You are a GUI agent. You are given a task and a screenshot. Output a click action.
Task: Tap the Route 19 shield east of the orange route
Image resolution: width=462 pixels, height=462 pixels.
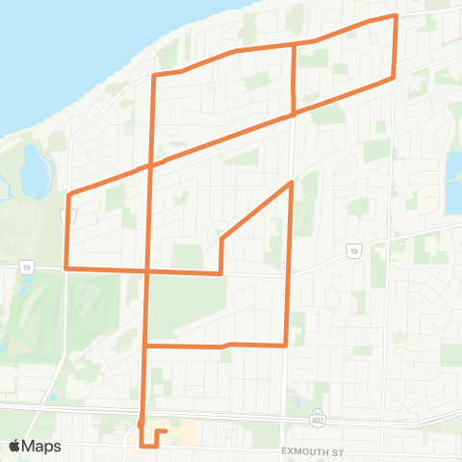click(x=354, y=252)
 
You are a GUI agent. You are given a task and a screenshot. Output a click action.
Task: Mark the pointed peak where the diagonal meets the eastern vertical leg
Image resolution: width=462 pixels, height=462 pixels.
click(x=291, y=181)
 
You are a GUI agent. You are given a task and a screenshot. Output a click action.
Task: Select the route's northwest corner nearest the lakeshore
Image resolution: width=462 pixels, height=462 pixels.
click(x=154, y=74)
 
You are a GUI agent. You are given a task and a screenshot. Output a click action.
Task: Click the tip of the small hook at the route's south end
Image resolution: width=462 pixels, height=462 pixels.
click(x=167, y=431)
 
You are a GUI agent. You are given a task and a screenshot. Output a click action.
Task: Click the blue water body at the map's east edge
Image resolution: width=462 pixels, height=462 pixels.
click(x=453, y=183)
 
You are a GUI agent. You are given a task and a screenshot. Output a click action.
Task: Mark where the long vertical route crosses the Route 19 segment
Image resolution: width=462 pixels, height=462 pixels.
click(x=146, y=270)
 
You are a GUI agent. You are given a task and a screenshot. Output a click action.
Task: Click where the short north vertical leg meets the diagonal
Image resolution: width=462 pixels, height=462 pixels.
click(x=294, y=115)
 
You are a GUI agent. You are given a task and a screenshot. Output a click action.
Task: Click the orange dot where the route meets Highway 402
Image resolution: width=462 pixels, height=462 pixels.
click(x=141, y=422)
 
